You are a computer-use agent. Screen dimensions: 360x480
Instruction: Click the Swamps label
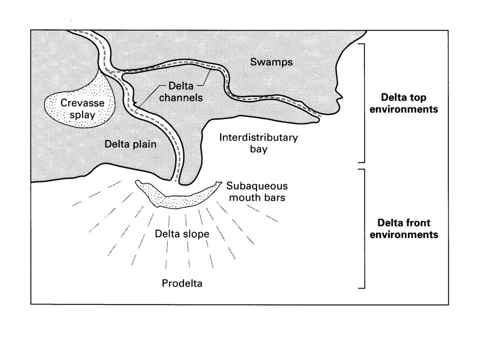tap(271, 62)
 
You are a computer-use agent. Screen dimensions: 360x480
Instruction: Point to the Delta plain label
tap(130, 144)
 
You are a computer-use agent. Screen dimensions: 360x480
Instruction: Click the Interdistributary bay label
tap(258, 143)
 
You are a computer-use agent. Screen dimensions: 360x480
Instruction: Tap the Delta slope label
tap(182, 234)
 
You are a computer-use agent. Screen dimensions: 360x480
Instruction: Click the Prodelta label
tap(182, 283)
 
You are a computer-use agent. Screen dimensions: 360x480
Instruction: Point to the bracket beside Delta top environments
tap(363, 102)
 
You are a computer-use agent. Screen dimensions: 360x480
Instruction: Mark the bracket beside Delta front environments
tap(363, 228)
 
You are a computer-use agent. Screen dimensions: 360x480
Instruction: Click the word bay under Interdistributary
tap(258, 149)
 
